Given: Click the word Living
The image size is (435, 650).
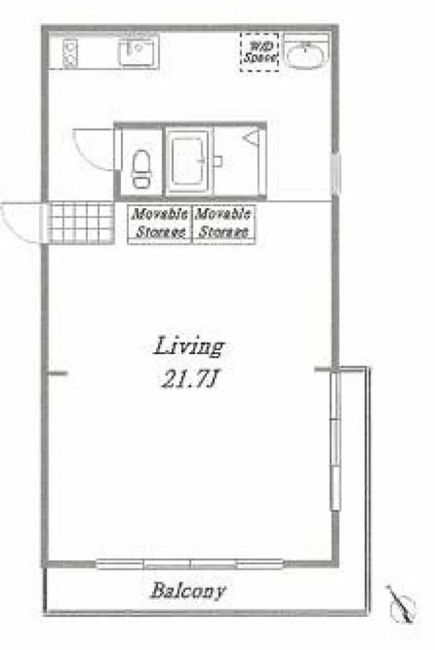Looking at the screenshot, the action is pyautogui.click(x=189, y=347).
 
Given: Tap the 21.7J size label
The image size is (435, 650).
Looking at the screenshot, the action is pyautogui.click(x=189, y=379).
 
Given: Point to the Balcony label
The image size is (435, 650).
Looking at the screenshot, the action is pyautogui.click(x=188, y=591).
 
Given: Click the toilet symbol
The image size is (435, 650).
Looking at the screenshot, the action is pyautogui.click(x=141, y=169).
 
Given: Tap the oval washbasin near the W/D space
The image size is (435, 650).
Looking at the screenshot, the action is pyautogui.click(x=305, y=55).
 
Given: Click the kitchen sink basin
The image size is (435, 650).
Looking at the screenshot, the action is pyautogui.click(x=138, y=52).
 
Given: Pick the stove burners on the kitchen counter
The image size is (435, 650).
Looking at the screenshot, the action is pyautogui.click(x=70, y=53).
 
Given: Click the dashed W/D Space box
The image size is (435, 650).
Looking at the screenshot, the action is pyautogui.click(x=260, y=52).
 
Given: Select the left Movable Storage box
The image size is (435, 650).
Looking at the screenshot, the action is pyautogui.click(x=160, y=224).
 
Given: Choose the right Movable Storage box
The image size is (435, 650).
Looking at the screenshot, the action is pyautogui.click(x=224, y=224).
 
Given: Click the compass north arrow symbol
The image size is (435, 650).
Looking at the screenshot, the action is pyautogui.click(x=401, y=604).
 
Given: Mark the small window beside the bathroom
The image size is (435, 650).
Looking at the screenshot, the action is pyautogui.click(x=336, y=173).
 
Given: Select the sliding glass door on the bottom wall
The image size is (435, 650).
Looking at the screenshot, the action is pyautogui.click(x=190, y=564).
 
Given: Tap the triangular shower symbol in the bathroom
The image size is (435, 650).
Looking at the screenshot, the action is pyautogui.click(x=252, y=138).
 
